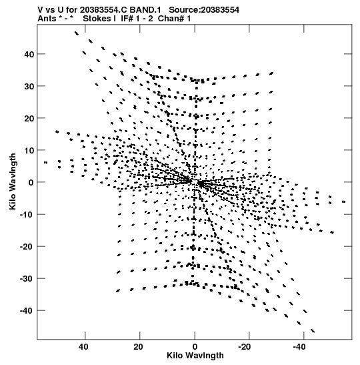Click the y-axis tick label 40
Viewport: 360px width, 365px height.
click(x=29, y=54)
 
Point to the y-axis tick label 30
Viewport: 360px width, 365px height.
click(x=29, y=86)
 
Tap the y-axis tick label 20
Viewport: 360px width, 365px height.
click(x=29, y=119)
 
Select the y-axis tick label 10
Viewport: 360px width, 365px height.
click(x=29, y=151)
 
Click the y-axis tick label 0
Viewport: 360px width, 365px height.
click(x=31, y=183)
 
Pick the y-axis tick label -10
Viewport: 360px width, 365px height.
click(x=27, y=215)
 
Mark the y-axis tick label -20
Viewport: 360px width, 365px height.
click(x=27, y=247)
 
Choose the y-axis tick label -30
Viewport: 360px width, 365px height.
click(x=27, y=279)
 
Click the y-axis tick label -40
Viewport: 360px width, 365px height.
click(x=27, y=311)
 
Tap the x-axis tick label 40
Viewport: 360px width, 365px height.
click(x=83, y=347)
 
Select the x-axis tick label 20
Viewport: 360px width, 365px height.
click(x=139, y=347)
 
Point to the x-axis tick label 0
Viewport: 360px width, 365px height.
click(x=195, y=347)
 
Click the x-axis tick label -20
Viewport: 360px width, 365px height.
click(x=245, y=347)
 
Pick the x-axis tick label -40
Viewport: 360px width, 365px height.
click(x=299, y=347)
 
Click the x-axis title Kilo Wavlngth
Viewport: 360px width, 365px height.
click(x=195, y=356)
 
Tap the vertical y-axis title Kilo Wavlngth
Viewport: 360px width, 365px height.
click(x=13, y=181)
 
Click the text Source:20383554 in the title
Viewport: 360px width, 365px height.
click(x=204, y=10)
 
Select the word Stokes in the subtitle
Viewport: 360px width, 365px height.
click(x=97, y=19)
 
